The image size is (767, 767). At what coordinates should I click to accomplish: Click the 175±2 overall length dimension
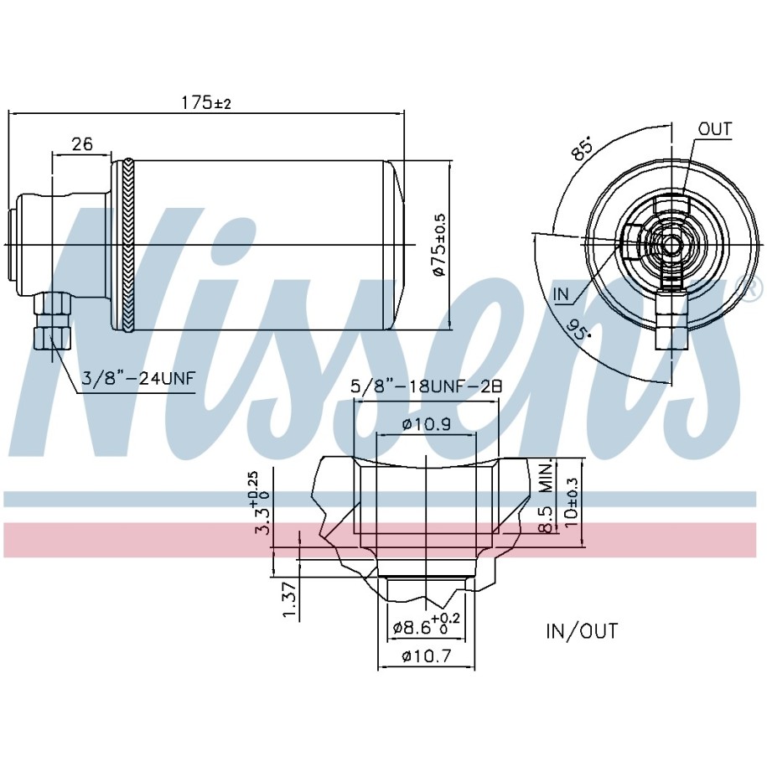coord(206,103)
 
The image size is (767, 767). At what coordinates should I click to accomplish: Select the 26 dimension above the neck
coord(82,144)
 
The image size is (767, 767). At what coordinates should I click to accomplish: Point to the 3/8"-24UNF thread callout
coord(138,378)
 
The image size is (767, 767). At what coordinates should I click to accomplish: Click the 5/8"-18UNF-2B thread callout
coord(427,387)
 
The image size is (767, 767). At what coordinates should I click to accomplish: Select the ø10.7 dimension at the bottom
coord(427,656)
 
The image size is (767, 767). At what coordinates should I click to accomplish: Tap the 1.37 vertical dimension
coord(291,600)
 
